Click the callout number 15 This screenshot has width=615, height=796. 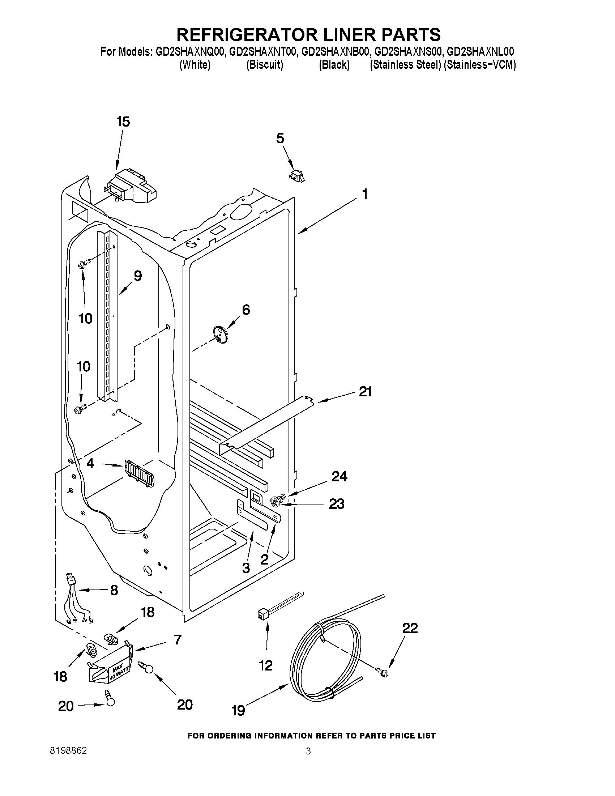click(x=123, y=122)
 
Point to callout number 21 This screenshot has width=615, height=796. click(x=365, y=392)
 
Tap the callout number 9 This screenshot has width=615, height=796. click(x=137, y=276)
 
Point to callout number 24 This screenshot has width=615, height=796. click(x=339, y=477)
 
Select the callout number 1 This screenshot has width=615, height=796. click(x=364, y=194)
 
